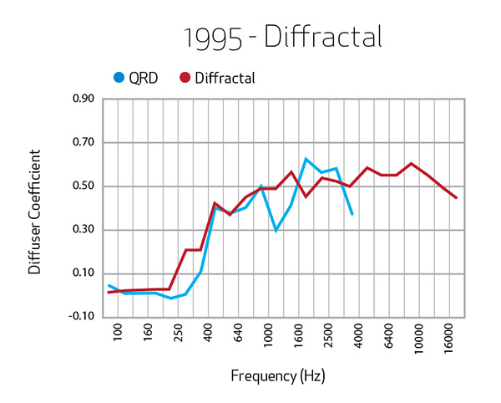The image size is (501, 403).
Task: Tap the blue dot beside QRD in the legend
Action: [119, 78]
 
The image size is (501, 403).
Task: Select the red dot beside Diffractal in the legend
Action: [185, 78]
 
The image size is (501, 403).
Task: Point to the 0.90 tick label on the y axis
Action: [83, 99]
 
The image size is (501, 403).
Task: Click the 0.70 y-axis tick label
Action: [83, 142]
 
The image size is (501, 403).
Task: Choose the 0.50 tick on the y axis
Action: [83, 186]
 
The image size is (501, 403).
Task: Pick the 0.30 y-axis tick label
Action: [83, 229]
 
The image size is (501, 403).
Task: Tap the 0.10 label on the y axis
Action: [83, 273]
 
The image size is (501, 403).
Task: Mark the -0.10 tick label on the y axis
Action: [81, 316]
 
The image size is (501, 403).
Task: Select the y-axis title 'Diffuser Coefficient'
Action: [34, 212]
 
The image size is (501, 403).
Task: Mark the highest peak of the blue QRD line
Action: [306, 159]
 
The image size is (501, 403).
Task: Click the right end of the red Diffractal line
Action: [456, 198]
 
